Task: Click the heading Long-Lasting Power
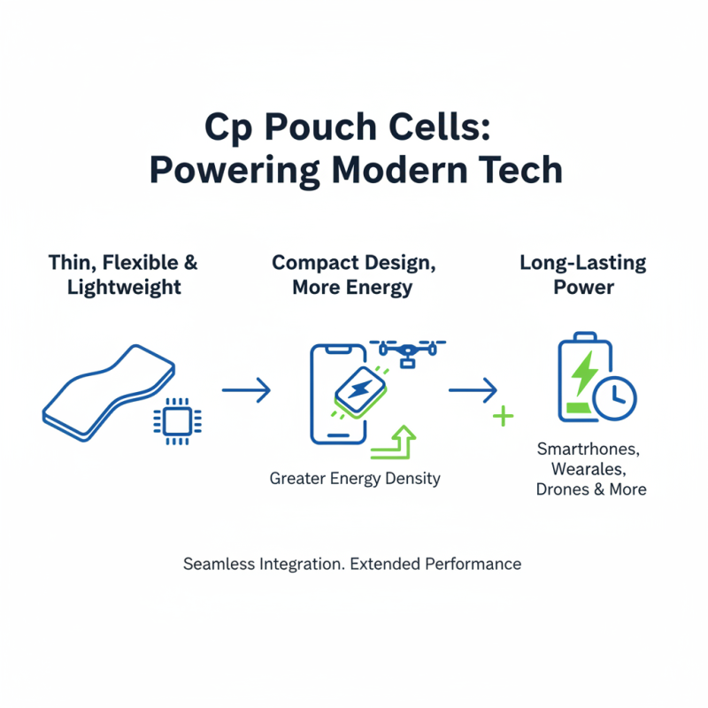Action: (583, 275)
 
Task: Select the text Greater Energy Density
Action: (355, 479)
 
